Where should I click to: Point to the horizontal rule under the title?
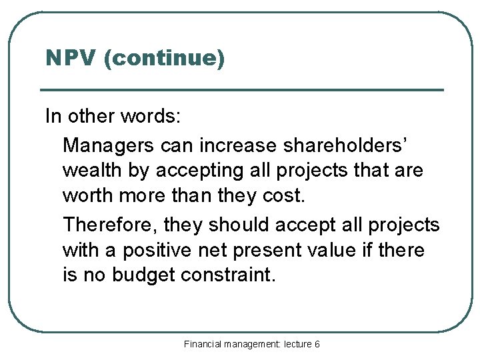[x=241, y=90]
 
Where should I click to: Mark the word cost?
[x=286, y=197]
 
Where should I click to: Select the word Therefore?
[x=110, y=225]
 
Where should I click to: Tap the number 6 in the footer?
[x=317, y=344]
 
